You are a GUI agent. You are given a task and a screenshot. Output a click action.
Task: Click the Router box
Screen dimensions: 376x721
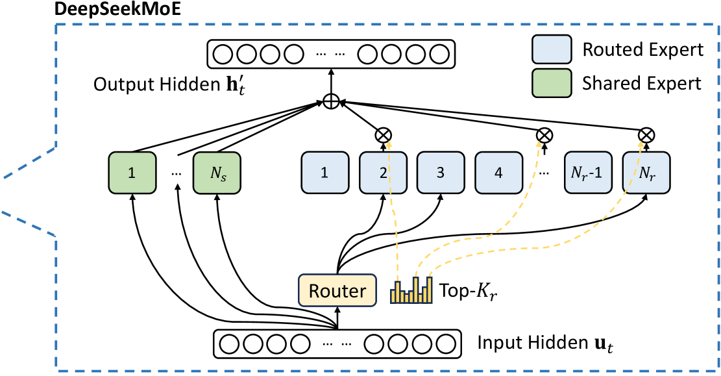[x=337, y=291]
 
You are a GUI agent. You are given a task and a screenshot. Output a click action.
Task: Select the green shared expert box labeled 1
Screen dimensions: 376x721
[x=132, y=173]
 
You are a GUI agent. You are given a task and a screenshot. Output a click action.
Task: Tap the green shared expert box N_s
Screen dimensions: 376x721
[x=217, y=173]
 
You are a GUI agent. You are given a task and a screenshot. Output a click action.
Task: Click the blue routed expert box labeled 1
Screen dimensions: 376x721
[x=323, y=173]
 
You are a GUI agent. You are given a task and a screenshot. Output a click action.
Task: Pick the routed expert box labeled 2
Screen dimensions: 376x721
[x=382, y=173]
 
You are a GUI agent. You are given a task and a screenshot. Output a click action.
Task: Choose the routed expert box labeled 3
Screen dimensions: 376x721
[x=439, y=173]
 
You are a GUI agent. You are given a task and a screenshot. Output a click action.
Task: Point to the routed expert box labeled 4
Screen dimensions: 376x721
[x=498, y=173]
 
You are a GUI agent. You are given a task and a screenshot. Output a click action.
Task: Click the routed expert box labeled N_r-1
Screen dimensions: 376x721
[x=587, y=173]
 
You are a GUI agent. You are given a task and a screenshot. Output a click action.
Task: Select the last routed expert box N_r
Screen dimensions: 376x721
[x=645, y=173]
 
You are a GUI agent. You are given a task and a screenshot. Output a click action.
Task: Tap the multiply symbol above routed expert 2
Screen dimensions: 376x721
[x=384, y=135]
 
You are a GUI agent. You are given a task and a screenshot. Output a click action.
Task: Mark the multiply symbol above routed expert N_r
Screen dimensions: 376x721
[x=646, y=135]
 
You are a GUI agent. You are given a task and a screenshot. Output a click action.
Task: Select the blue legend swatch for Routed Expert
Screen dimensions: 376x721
[x=551, y=49]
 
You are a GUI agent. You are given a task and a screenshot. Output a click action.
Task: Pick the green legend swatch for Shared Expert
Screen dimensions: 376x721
[x=551, y=82]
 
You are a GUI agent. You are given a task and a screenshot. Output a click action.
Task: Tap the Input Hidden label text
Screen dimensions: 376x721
[x=545, y=342]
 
